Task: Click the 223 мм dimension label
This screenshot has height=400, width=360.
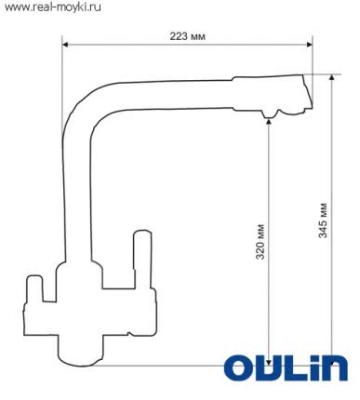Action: [x=187, y=36]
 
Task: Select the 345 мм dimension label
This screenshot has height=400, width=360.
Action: [x=321, y=220]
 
